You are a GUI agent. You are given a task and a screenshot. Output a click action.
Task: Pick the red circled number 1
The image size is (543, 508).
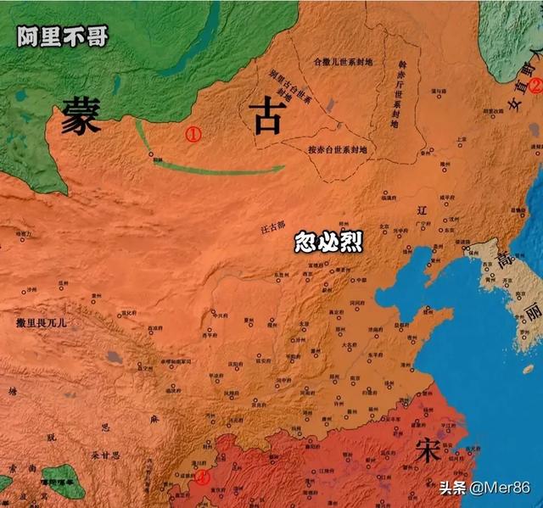tap(193, 134)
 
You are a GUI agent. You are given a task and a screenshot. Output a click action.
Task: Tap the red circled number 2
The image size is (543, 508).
tap(535, 85)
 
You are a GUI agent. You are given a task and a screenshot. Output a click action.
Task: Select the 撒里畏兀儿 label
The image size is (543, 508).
tap(44, 323)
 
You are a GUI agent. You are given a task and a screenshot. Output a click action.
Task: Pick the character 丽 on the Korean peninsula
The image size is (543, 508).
tap(531, 314)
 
